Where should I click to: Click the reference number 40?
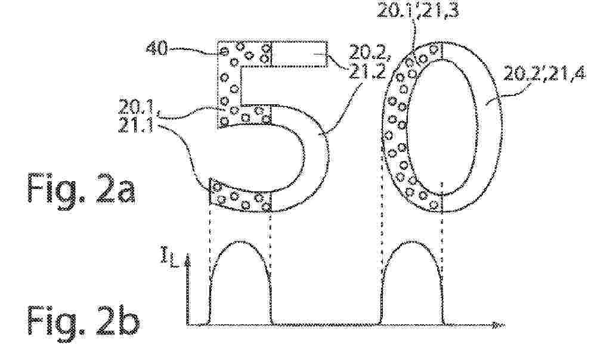pyautogui.click(x=156, y=49)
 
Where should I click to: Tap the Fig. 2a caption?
pyautogui.click(x=81, y=188)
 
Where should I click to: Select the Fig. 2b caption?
pyautogui.click(x=83, y=321)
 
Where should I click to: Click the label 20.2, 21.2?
pyautogui.click(x=367, y=64)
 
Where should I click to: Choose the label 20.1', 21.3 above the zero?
pyautogui.click(x=417, y=11)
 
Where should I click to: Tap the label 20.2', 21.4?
pyautogui.click(x=544, y=73)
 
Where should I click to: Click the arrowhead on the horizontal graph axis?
pyautogui.click(x=500, y=325)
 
